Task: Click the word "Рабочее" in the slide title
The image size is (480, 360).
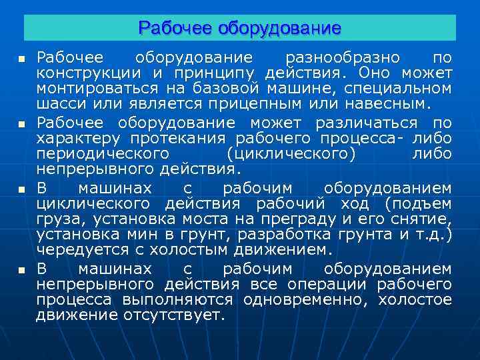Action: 173,28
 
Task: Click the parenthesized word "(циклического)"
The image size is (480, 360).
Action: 291,154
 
